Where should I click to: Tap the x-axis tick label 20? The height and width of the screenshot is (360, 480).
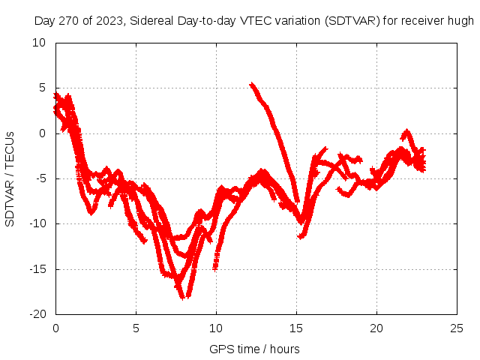tap(376, 328)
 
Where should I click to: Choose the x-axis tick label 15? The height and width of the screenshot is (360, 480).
tap(296, 328)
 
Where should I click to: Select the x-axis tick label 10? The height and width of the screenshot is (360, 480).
tap(216, 328)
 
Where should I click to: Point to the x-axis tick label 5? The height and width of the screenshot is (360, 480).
tap(136, 328)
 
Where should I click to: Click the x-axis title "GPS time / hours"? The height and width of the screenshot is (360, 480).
tap(255, 349)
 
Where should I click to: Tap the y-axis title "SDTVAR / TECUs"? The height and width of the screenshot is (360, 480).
tap(10, 178)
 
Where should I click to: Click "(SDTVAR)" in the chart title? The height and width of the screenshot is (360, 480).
tap(352, 21)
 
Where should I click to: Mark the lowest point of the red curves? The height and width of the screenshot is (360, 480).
tap(182, 298)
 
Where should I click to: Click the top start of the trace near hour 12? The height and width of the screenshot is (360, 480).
tap(251, 84)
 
